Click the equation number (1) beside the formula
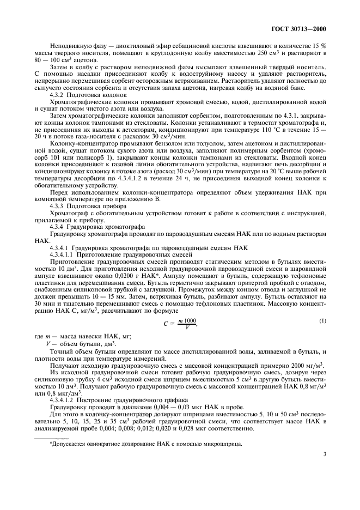(x=323, y=320)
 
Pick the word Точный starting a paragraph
(x=60, y=354)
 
